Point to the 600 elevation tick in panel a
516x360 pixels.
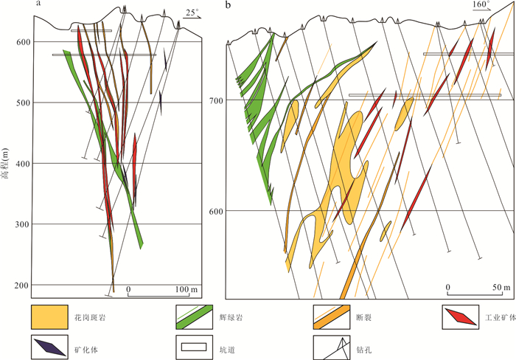click(21, 42)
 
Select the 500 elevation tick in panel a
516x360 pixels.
click(21, 103)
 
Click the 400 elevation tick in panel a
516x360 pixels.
click(21, 163)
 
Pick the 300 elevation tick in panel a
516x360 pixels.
click(21, 224)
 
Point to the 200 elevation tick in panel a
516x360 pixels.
click(21, 285)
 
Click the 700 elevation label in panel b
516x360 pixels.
click(217, 100)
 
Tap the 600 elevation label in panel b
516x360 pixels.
click(217, 211)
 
